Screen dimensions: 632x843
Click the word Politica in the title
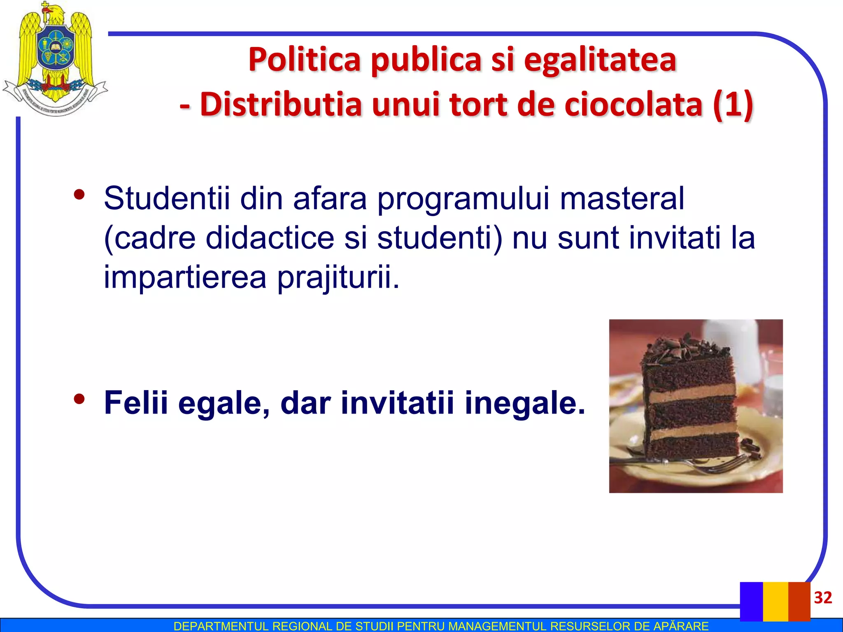305,60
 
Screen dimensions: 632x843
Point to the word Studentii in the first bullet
167,198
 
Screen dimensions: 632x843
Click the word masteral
622,198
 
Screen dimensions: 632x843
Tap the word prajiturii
338,277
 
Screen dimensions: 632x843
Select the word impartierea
185,277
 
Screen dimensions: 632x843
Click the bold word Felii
136,403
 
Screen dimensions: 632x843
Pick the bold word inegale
524,403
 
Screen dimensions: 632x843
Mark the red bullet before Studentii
79,194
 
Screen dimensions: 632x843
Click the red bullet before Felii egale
79,399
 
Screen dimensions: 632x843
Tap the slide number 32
823,597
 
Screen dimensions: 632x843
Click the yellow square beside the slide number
775,601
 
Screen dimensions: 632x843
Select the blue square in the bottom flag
751,601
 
